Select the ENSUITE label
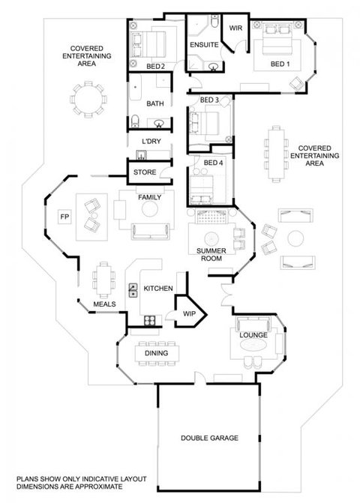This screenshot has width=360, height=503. pos(204,45)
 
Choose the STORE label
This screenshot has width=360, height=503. pos(144,173)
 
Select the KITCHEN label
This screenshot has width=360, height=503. pos(159,289)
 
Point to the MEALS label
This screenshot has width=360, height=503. pos(103,304)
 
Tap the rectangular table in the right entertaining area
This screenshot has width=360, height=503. pos(276,156)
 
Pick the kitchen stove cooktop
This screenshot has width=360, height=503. pos(149,321)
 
